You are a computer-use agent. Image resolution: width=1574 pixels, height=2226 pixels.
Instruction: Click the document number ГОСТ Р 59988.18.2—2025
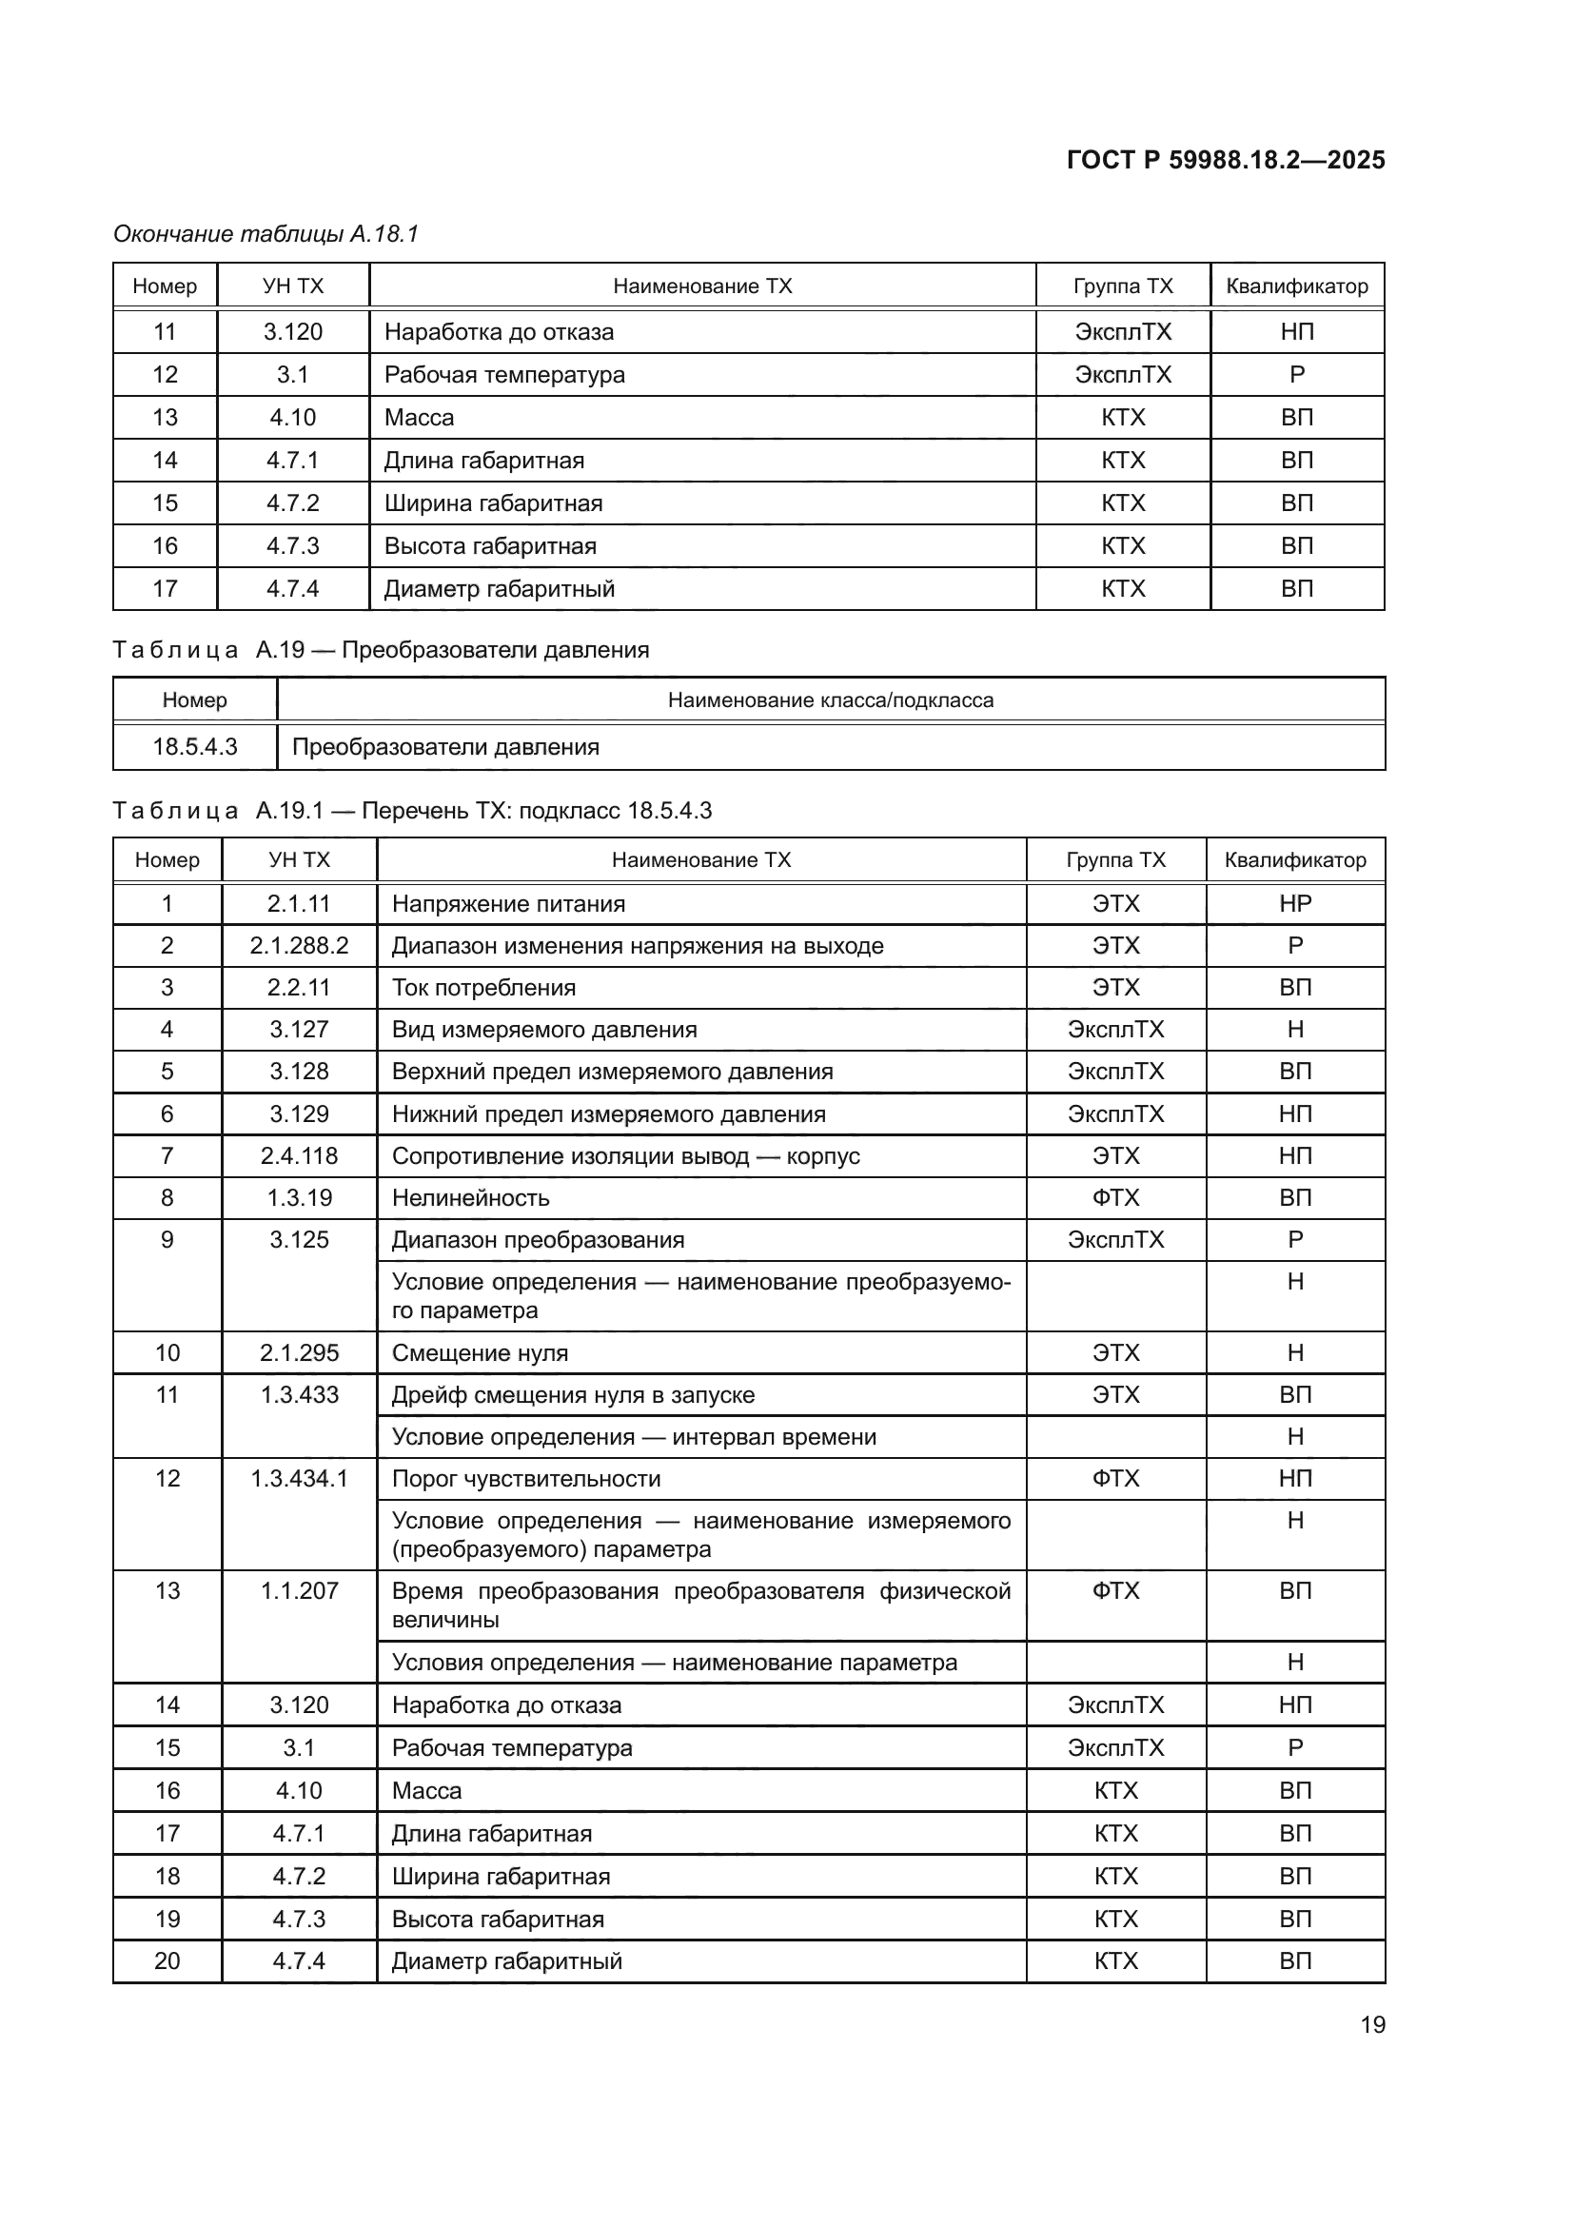click(x=1225, y=160)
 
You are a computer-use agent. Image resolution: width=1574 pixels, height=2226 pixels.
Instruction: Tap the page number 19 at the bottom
click(x=1372, y=2024)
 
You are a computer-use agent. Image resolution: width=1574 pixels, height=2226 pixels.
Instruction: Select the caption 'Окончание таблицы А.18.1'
click(x=266, y=234)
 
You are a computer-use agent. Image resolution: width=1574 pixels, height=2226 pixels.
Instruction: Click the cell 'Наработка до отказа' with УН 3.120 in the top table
click(x=498, y=331)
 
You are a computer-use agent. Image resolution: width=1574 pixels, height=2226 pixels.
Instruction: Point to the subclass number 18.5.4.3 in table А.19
click(x=195, y=746)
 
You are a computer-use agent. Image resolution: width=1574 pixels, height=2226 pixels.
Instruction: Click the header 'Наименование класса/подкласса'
click(x=831, y=700)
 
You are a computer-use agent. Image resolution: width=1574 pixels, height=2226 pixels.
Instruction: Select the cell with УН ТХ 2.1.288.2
click(x=299, y=945)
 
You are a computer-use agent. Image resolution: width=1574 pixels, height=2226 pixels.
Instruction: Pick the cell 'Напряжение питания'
click(x=508, y=903)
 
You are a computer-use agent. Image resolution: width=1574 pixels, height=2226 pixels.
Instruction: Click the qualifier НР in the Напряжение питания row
click(x=1295, y=903)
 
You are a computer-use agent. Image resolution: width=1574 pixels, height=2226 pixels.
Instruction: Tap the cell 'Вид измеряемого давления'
click(x=543, y=1030)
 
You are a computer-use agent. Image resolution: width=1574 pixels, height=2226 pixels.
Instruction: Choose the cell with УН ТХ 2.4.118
click(x=299, y=1155)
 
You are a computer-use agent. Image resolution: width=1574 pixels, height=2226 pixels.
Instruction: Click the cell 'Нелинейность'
click(x=470, y=1198)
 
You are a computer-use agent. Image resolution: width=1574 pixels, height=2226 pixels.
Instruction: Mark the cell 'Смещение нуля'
click(x=480, y=1352)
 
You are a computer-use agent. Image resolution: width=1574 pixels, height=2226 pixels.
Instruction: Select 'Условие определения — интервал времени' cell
click(x=634, y=1437)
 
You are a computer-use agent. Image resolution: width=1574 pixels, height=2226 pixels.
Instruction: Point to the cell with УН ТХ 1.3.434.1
click(x=299, y=1479)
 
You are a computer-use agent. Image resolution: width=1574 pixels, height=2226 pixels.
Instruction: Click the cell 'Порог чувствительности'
click(x=526, y=1479)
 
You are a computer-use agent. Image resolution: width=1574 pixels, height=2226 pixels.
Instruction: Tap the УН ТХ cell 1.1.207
click(x=299, y=1591)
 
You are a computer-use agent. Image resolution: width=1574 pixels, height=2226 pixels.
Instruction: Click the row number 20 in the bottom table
click(x=167, y=1960)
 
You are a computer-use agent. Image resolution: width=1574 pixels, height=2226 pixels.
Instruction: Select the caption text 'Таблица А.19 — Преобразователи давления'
click(x=380, y=650)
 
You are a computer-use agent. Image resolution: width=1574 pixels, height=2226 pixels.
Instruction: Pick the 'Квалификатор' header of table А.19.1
click(x=1295, y=860)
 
